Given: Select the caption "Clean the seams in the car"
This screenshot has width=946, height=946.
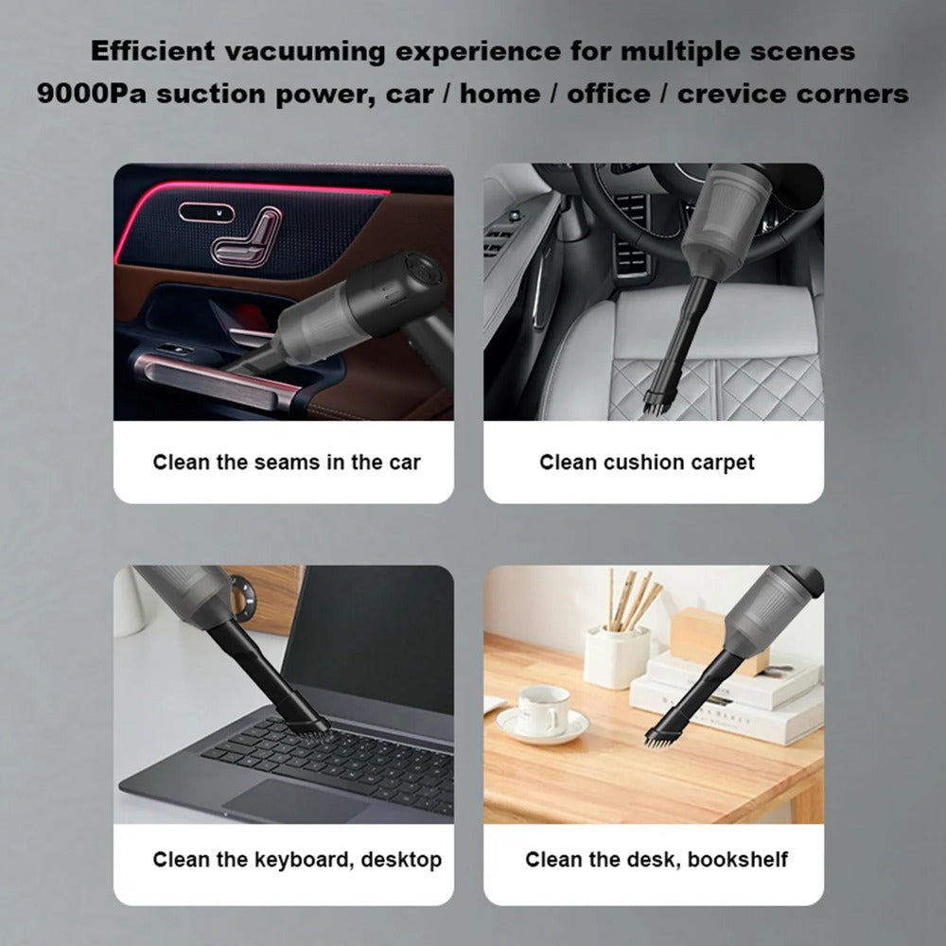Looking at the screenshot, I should click(287, 463).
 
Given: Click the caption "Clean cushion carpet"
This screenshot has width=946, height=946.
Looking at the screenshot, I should click(647, 463).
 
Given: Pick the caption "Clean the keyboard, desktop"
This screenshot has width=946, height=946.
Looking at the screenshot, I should click(297, 860).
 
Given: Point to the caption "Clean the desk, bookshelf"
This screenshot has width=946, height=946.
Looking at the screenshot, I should click(657, 860).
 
